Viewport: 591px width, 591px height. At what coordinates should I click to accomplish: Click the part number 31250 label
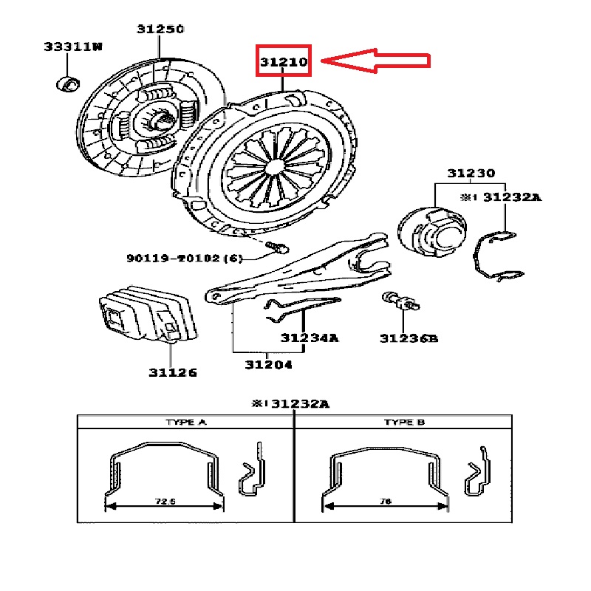point(160,29)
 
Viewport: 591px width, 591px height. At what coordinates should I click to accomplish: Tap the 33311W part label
point(73,47)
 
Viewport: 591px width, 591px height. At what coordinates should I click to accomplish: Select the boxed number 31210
point(284,61)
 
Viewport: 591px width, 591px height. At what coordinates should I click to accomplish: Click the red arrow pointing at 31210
point(375,61)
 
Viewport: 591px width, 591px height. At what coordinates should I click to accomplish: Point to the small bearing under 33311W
point(68,84)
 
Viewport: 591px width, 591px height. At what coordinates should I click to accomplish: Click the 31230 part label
point(471,174)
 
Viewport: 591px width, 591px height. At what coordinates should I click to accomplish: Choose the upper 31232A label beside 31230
point(512,197)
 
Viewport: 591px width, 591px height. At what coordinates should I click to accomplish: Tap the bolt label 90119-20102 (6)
point(184,258)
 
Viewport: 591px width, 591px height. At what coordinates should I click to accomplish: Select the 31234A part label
point(310,338)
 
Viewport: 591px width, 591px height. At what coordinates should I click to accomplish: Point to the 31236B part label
point(409,338)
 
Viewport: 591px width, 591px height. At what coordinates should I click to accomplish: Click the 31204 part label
point(268,365)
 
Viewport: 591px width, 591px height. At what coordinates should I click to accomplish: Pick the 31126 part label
point(173,373)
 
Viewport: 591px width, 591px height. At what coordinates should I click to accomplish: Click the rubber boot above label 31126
point(148,314)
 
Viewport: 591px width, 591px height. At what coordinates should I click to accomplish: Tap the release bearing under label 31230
point(432,231)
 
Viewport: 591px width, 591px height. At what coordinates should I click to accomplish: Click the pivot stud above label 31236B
point(400,301)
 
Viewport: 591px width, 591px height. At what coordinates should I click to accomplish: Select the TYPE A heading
point(186,422)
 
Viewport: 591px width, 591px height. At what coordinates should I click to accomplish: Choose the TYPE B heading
point(404,422)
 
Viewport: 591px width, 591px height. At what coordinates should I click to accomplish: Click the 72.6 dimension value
point(165,502)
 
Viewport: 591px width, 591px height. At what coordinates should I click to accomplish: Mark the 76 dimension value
point(386,502)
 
